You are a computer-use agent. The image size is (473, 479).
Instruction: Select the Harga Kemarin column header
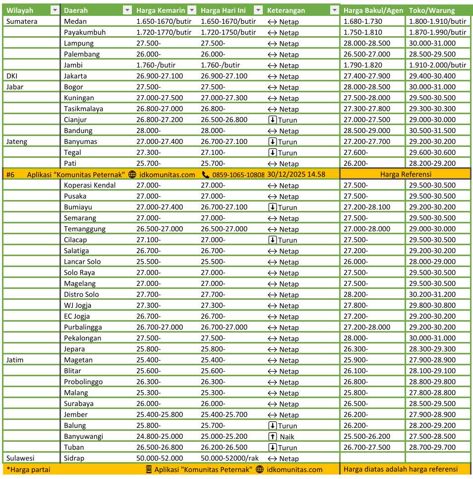(161, 10)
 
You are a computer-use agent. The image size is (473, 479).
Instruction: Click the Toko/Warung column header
(431, 10)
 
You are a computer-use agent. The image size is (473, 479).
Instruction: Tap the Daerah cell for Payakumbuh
(85, 32)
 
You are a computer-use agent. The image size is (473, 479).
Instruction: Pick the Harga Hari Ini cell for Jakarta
(224, 76)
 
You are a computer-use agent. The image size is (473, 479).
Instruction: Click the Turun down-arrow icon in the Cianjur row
(272, 120)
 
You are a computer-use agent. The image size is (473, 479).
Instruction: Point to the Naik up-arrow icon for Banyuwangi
(272, 436)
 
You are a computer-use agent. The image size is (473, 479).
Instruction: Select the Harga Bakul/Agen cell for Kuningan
(367, 98)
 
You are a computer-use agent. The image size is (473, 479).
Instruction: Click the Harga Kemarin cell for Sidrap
(159, 458)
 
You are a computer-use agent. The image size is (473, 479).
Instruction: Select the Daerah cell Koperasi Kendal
(90, 185)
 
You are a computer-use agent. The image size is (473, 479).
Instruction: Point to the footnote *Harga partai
(29, 470)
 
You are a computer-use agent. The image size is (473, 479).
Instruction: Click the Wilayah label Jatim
(15, 360)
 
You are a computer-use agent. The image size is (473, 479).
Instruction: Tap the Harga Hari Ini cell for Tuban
(224, 447)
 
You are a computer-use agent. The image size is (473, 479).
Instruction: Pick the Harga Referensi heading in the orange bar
(406, 174)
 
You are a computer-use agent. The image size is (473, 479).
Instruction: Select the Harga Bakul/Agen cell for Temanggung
(367, 229)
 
